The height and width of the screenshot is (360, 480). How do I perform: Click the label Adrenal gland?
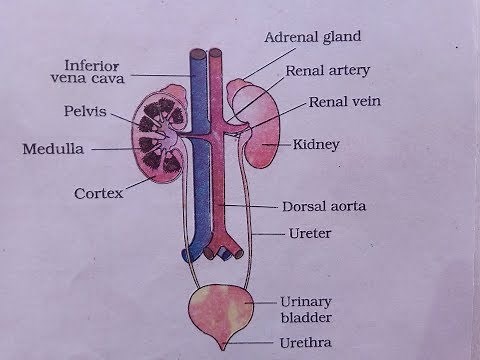[x=312, y=38]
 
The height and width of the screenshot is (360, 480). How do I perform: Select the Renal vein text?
[x=343, y=102]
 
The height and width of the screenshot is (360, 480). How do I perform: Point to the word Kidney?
[x=318, y=145]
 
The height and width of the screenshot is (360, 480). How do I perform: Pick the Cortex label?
[x=98, y=192]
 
